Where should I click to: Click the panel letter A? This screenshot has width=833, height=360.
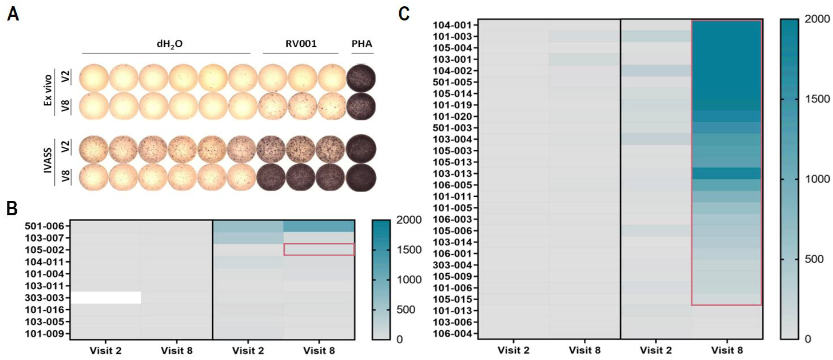coord(13,14)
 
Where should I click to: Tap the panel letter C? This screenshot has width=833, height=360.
coord(404,14)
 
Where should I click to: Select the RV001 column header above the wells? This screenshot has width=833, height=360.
coord(301,44)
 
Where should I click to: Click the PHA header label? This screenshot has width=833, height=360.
coord(362,44)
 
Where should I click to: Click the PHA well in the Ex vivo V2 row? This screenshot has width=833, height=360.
coord(361,78)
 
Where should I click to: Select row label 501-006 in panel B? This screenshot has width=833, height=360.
coord(47,226)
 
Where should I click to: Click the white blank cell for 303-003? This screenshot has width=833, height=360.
coord(106,298)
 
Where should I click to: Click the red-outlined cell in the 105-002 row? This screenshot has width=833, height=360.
coord(319,249)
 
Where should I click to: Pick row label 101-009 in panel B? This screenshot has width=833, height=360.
coord(47,333)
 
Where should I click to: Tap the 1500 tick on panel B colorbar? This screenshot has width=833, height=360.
coord(409,250)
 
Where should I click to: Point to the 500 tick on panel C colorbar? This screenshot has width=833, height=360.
coord(817,259)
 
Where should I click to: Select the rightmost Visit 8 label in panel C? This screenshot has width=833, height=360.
coord(727,350)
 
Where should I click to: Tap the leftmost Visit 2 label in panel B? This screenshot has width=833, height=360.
coord(106,351)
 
